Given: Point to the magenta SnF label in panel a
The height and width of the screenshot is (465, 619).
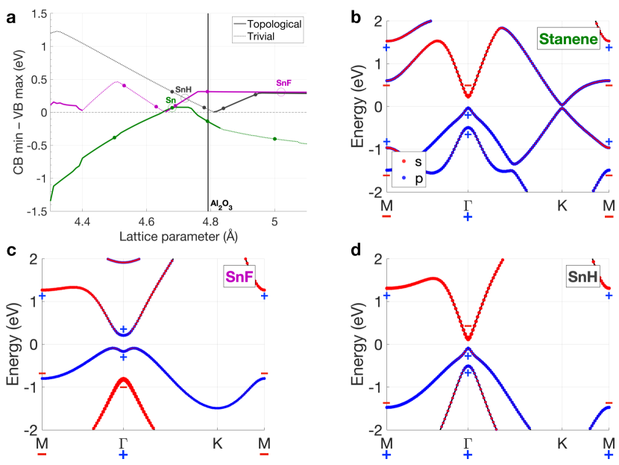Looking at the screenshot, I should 283,82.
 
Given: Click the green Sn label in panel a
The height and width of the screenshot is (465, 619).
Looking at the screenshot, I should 171,99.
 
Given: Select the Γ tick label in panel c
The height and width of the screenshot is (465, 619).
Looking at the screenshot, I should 124,443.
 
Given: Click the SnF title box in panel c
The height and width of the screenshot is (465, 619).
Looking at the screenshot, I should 238,278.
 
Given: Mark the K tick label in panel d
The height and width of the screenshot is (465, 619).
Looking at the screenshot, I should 562,443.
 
